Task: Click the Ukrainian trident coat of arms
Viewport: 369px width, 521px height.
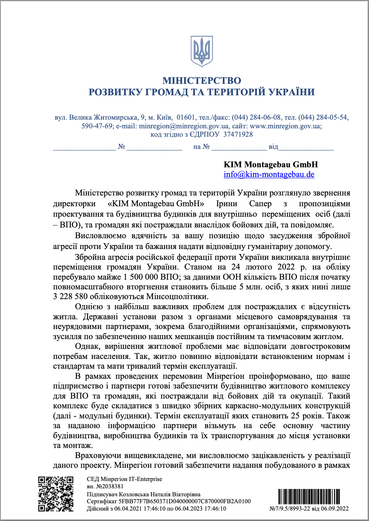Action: (x=202, y=51)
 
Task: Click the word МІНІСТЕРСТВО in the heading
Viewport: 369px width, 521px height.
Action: (x=202, y=81)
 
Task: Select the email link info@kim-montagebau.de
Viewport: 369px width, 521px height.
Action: (x=269, y=175)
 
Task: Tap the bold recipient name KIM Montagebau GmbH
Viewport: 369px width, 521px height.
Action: (x=270, y=165)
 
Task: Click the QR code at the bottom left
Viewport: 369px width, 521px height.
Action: (x=56, y=494)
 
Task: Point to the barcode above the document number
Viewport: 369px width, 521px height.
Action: (x=309, y=497)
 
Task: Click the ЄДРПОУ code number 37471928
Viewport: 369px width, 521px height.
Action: (x=238, y=135)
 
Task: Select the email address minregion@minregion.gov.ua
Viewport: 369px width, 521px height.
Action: (x=184, y=126)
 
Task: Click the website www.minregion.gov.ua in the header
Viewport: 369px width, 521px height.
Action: (x=285, y=126)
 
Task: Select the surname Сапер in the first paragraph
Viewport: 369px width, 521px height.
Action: (x=260, y=203)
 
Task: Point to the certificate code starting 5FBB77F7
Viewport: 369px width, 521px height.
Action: (x=184, y=501)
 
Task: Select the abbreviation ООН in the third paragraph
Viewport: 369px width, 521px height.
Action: (x=232, y=277)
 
